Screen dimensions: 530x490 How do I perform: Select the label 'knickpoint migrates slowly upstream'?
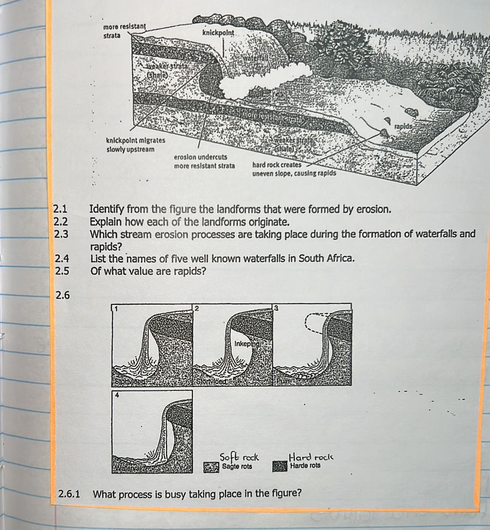click(135, 145)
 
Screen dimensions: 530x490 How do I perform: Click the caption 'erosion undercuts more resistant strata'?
click(204, 162)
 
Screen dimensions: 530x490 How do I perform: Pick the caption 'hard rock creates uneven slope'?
click(294, 168)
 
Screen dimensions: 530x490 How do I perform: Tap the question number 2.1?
click(61, 209)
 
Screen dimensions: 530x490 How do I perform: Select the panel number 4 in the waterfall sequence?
click(116, 395)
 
